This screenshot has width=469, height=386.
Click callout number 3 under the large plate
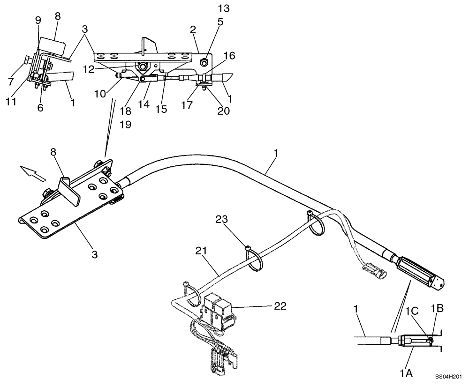(95, 254)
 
